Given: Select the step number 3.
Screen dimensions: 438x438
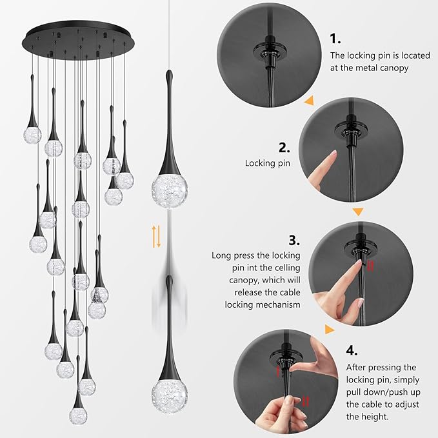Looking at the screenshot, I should click(x=294, y=240).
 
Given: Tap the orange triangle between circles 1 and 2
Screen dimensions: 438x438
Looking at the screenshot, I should click(x=310, y=101).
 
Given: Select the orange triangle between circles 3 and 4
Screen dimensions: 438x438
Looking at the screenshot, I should click(x=330, y=330).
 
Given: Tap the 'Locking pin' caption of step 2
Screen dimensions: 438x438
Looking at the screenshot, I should click(x=267, y=163).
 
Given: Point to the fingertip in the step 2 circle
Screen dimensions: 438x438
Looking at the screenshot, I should click(x=333, y=155).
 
